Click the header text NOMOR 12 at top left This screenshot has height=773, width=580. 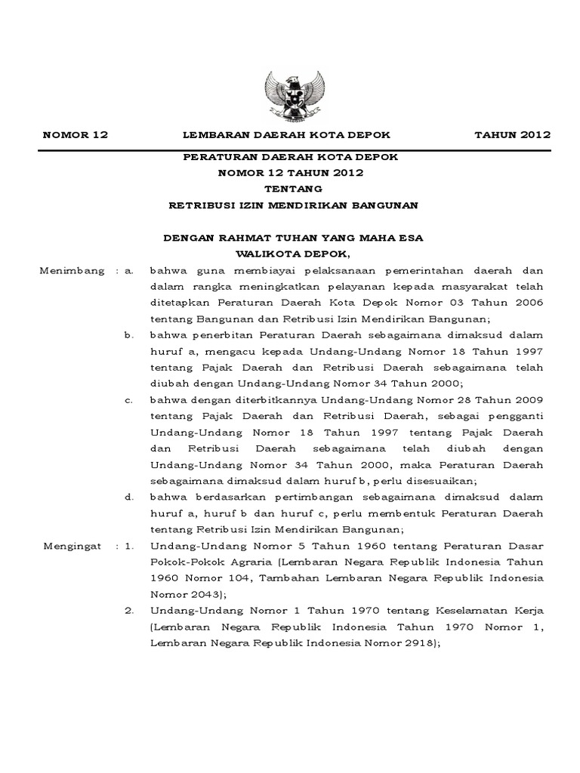pyautogui.click(x=76, y=135)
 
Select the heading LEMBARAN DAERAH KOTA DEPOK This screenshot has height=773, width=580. pyautogui.click(x=288, y=135)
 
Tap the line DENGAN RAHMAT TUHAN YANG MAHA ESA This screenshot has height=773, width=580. pyautogui.click(x=294, y=238)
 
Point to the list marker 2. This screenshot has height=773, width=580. pyautogui.click(x=128, y=610)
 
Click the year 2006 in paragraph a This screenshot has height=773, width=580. pyautogui.click(x=527, y=302)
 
